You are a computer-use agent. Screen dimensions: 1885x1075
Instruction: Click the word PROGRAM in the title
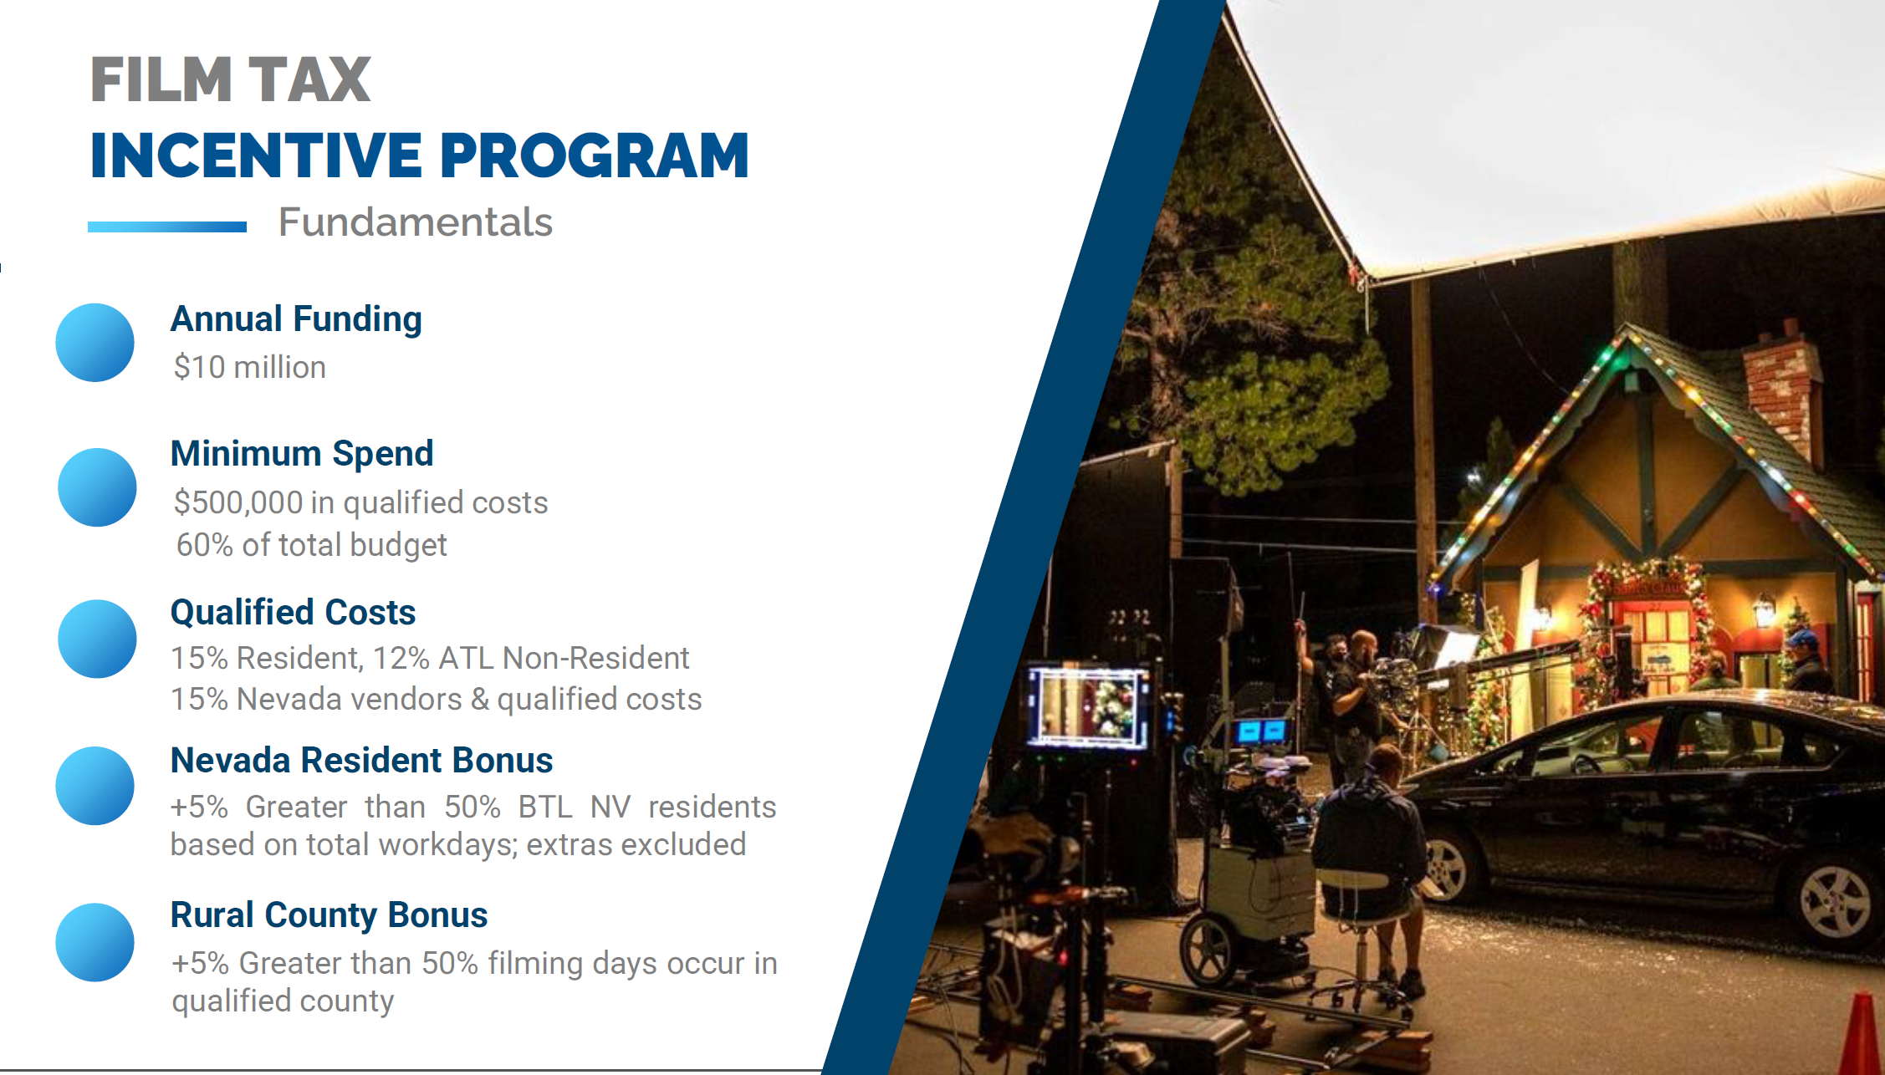[x=595, y=155]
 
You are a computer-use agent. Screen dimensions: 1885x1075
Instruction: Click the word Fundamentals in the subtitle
[x=416, y=222]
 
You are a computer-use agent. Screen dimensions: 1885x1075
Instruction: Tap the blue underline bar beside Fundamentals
[x=167, y=227]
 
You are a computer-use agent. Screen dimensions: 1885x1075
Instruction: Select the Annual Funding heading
[x=296, y=320]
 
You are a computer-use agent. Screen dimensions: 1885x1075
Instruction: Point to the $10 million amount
[x=249, y=367]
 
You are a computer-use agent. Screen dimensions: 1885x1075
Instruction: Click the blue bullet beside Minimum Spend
[x=97, y=487]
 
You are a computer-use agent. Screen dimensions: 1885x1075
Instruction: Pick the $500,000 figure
[x=238, y=502]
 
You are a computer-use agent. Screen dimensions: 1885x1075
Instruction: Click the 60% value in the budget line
[x=205, y=545]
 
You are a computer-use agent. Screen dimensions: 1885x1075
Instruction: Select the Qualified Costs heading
[x=293, y=612]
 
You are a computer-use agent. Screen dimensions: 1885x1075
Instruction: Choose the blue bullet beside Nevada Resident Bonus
[x=95, y=786]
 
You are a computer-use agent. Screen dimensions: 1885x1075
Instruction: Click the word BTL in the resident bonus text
[x=545, y=807]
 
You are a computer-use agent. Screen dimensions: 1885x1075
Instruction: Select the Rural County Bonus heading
[x=329, y=915]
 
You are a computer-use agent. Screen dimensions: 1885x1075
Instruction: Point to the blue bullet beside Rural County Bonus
[x=95, y=942]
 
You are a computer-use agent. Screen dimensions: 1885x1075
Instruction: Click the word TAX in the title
[x=309, y=80]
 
